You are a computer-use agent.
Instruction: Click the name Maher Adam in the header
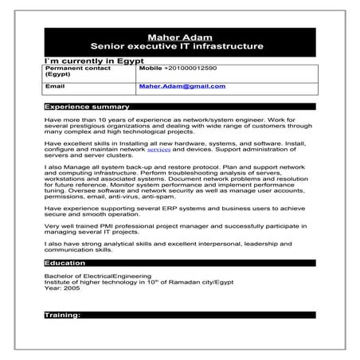point(179,37)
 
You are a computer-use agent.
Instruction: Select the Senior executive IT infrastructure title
point(179,47)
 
